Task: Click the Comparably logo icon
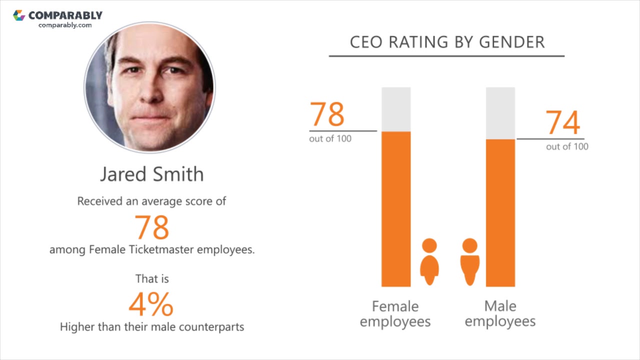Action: pyautogui.click(x=19, y=15)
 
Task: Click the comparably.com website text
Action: pyautogui.click(x=65, y=25)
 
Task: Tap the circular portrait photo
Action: pyautogui.click(x=149, y=86)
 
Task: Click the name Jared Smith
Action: pyautogui.click(x=152, y=174)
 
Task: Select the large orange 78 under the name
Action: pyautogui.click(x=152, y=227)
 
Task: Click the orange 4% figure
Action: pyautogui.click(x=151, y=304)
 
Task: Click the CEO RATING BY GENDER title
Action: pyautogui.click(x=447, y=42)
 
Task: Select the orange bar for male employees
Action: pyautogui.click(x=500, y=212)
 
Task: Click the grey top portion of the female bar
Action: pyautogui.click(x=396, y=109)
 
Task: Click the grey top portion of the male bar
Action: pyautogui.click(x=500, y=113)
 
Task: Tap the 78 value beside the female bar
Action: pyautogui.click(x=327, y=114)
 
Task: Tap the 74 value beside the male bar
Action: pyautogui.click(x=562, y=122)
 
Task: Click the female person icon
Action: pyautogui.click(x=429, y=261)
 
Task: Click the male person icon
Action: pyautogui.click(x=469, y=261)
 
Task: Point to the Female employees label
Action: pyautogui.click(x=395, y=313)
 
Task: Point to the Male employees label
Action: pyautogui.click(x=500, y=313)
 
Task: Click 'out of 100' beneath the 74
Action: pyautogui.click(x=567, y=146)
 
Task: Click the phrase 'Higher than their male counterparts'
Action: pyautogui.click(x=152, y=327)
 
